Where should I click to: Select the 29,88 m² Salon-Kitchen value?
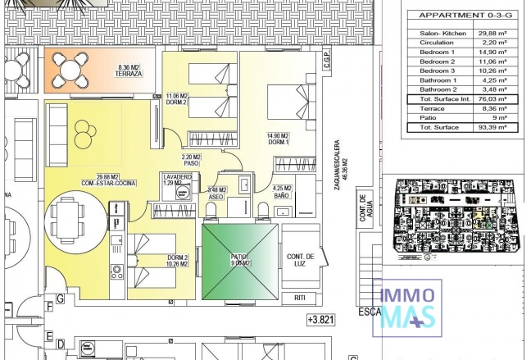(487, 34)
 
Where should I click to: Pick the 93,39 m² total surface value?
(487, 128)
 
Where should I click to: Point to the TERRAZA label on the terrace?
(129, 74)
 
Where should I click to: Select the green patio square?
(240, 262)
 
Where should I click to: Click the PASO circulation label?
(191, 162)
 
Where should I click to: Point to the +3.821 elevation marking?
(322, 320)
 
